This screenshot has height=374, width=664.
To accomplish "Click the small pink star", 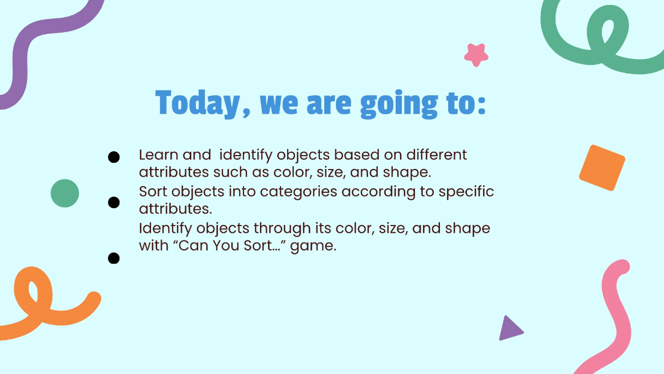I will click(x=476, y=55).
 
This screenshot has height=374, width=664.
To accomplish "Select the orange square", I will click(x=602, y=168).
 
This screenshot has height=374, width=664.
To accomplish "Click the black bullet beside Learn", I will click(x=113, y=157).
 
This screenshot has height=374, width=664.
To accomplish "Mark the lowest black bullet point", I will click(x=113, y=258).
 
